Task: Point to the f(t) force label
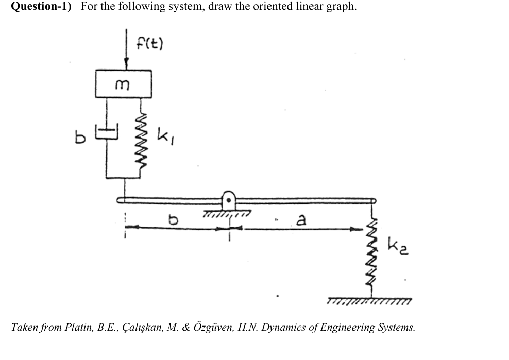(x=149, y=43)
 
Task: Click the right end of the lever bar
(x=372, y=200)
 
